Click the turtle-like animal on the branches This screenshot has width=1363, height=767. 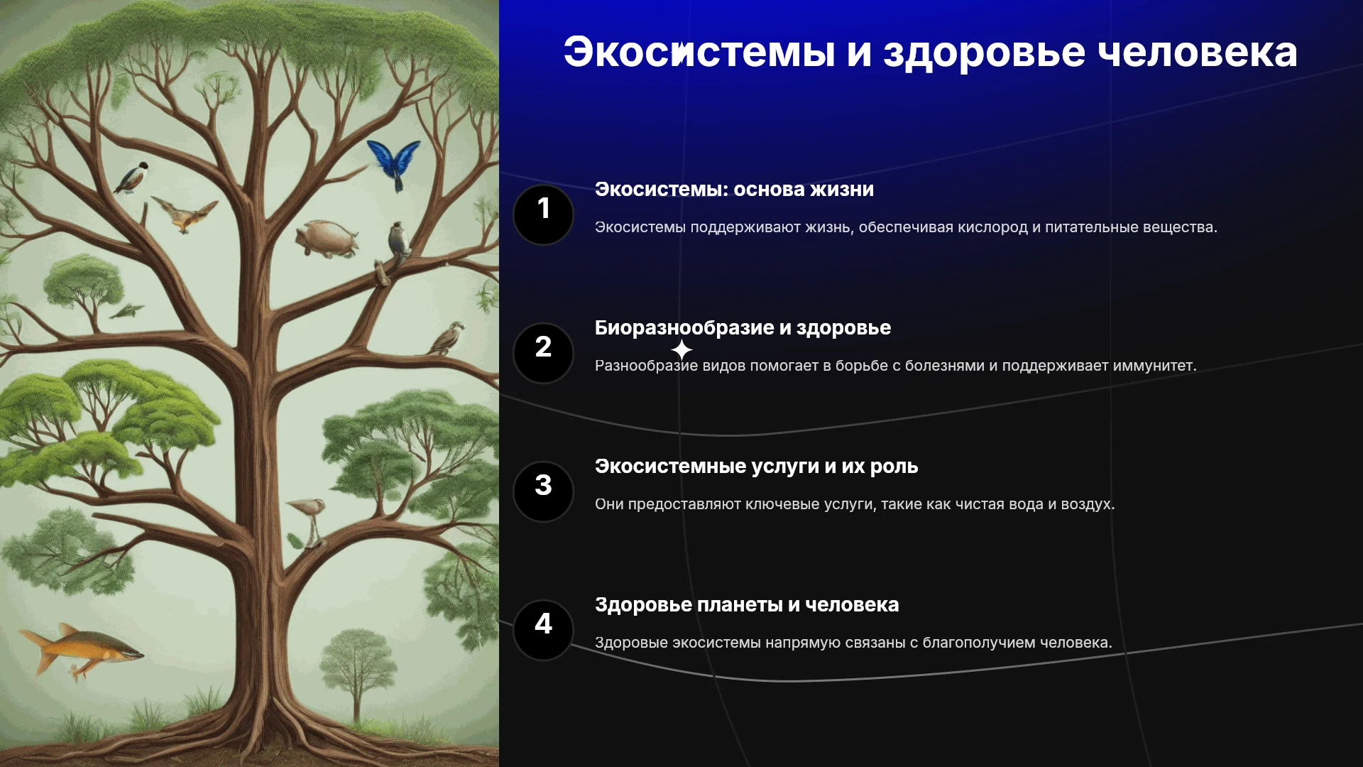tap(327, 239)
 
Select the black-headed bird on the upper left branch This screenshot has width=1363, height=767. tap(132, 178)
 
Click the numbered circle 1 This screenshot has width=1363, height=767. tap(543, 214)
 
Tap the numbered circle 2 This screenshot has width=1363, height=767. tap(543, 353)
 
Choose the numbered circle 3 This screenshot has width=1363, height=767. tap(543, 491)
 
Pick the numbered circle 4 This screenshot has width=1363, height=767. tap(543, 630)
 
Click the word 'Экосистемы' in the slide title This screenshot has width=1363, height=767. tap(699, 52)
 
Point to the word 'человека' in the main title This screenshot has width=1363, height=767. tap(1198, 53)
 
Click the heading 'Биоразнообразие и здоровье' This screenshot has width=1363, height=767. tap(743, 328)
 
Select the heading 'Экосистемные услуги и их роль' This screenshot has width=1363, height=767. tap(756, 467)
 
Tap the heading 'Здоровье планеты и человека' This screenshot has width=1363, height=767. tap(747, 605)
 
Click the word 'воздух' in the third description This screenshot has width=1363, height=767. tap(1088, 505)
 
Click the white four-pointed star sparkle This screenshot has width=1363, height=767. tap(681, 350)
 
